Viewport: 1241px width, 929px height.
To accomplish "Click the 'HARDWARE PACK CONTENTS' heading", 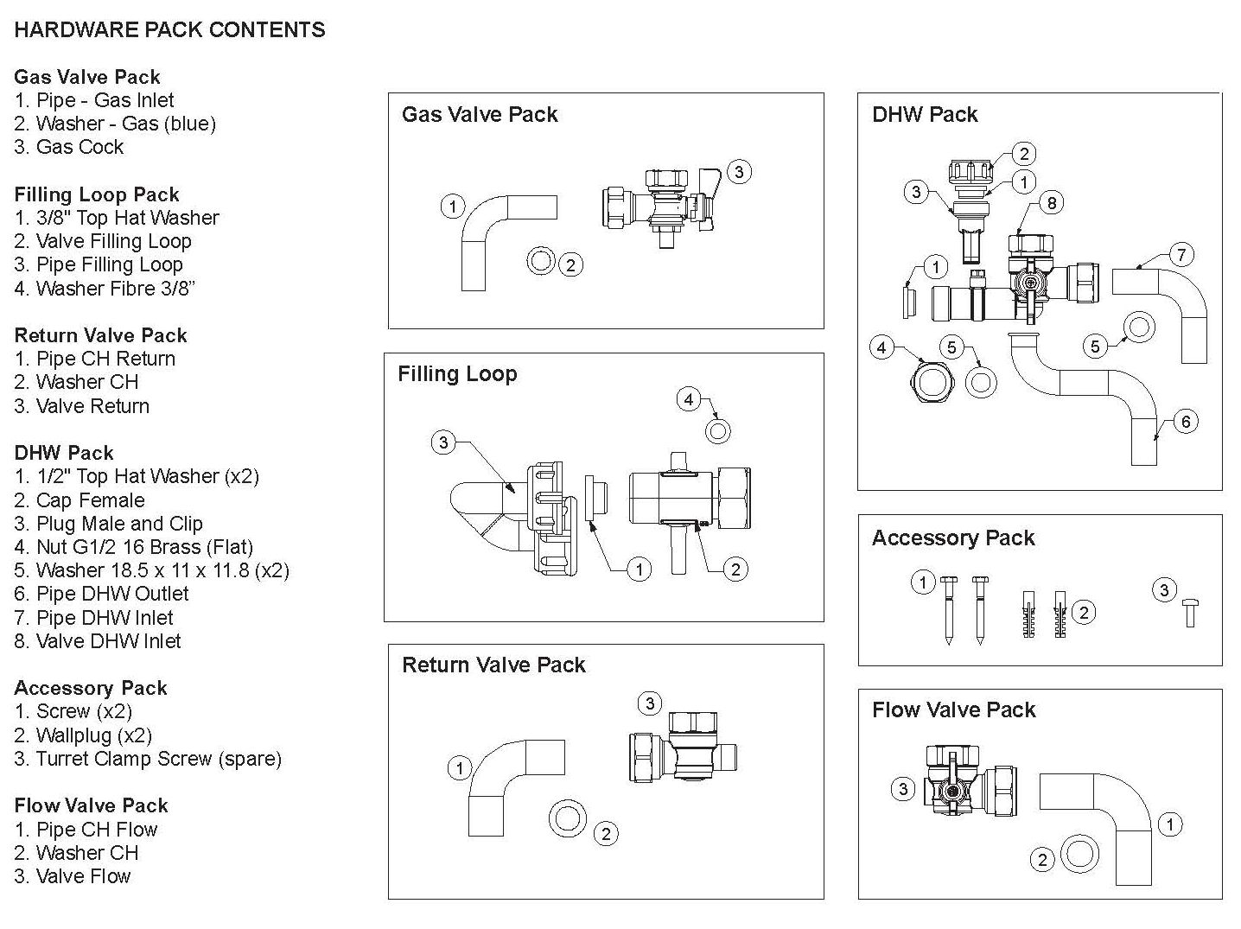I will coord(169,29).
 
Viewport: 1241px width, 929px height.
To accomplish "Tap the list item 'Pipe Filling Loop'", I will coord(99,264).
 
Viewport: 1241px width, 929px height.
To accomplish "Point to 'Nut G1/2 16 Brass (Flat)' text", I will coord(134,547).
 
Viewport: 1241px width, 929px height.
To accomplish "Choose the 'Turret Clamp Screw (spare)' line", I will coord(148,759).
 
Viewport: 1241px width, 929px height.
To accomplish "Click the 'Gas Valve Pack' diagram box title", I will coord(480,114).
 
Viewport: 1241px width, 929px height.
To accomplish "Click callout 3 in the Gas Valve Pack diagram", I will coord(739,172).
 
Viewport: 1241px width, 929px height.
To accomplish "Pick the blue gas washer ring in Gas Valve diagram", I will coord(541,259).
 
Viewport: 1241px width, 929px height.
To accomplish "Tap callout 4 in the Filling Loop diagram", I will coord(689,399).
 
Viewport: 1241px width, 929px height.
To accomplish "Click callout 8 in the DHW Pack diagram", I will coord(1052,203).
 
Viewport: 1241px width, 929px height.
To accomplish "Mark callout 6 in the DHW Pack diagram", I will coord(1186,422).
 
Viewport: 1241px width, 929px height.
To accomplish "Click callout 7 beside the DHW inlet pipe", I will coord(1181,255).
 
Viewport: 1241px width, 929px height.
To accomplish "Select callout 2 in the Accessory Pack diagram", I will coord(1083,613).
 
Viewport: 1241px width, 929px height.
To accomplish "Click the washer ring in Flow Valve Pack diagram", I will coord(1079,853).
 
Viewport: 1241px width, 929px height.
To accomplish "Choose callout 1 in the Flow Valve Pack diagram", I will coord(1170,824).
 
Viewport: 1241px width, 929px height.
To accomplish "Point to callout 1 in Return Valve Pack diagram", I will coord(459,767).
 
